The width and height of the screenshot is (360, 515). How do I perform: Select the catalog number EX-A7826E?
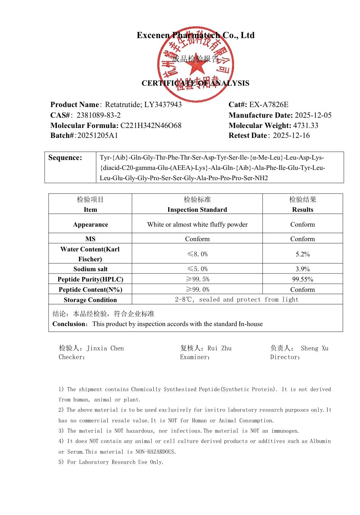pyautogui.click(x=269, y=105)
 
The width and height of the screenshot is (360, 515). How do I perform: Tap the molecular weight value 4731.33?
pyautogui.click(x=306, y=125)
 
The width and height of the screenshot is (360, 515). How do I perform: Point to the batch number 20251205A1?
pyautogui.click(x=97, y=136)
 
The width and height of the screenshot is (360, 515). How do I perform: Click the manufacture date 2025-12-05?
pyautogui.click(x=313, y=115)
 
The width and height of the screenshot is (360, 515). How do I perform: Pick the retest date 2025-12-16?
pyautogui.click(x=291, y=136)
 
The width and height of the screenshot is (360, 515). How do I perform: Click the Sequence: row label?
pyautogui.click(x=65, y=158)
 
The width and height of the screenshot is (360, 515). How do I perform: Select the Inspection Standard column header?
pyautogui.click(x=197, y=210)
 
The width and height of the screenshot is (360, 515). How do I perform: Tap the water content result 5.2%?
pyautogui.click(x=303, y=254)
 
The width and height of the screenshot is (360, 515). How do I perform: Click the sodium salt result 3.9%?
pyautogui.click(x=303, y=269)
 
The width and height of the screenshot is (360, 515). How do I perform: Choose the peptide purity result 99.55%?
pyautogui.click(x=303, y=279)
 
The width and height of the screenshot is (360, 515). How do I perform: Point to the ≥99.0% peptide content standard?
pyautogui.click(x=197, y=289)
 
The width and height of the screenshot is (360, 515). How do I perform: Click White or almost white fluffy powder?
pyautogui.click(x=197, y=224)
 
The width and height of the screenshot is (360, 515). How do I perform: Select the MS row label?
pyautogui.click(x=90, y=239)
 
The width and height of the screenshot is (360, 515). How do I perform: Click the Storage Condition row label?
pyautogui.click(x=90, y=300)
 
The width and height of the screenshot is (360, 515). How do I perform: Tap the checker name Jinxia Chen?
pyautogui.click(x=105, y=348)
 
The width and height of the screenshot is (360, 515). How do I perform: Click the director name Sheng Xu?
pyautogui.click(x=314, y=348)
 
